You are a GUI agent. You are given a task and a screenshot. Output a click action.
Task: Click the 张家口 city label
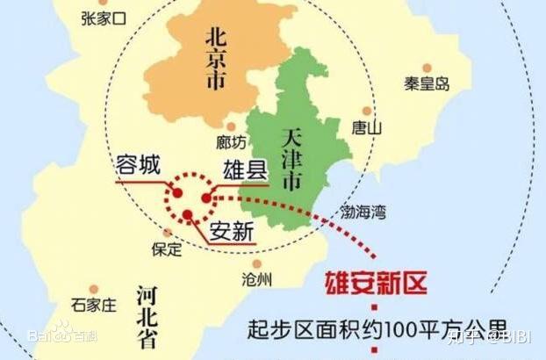click(103, 17)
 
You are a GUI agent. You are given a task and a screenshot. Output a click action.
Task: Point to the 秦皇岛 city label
click(427, 83)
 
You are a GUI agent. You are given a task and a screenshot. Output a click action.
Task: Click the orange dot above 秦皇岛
click(427, 68)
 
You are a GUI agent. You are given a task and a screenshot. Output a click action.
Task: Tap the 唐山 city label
click(366, 127)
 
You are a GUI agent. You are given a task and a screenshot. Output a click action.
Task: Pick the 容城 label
click(139, 166)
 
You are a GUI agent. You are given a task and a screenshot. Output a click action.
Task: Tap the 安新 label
click(231, 234)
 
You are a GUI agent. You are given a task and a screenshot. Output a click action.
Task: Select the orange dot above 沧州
click(256, 263)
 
